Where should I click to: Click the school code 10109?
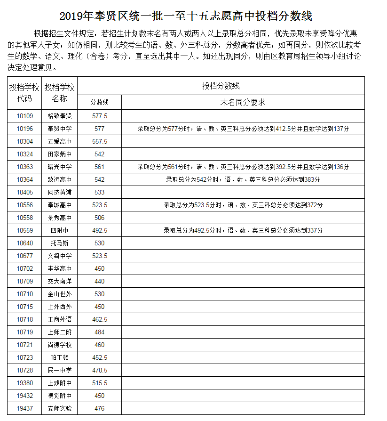(x=25, y=116)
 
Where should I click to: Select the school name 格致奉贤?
(x=60, y=116)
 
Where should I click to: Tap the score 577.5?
(x=100, y=116)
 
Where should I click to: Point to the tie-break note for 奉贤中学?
(x=243, y=129)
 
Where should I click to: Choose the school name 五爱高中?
(x=60, y=141)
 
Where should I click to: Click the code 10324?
(x=25, y=154)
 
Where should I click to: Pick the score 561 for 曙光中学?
(x=100, y=167)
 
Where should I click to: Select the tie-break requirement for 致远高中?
(x=243, y=179)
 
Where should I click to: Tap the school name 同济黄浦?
(x=60, y=192)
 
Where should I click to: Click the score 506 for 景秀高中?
(x=100, y=218)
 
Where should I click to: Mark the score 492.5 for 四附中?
(x=100, y=230)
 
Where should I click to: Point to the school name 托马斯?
(x=60, y=243)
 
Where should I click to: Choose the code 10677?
(x=25, y=256)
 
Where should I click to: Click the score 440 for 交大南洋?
(x=100, y=281)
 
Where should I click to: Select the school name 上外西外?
(x=60, y=307)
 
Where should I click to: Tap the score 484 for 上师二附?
(x=100, y=332)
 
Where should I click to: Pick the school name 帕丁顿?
(x=60, y=357)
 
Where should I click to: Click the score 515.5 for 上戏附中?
(x=100, y=383)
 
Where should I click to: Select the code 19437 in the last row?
(x=25, y=408)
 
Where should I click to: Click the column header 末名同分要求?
(x=243, y=102)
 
